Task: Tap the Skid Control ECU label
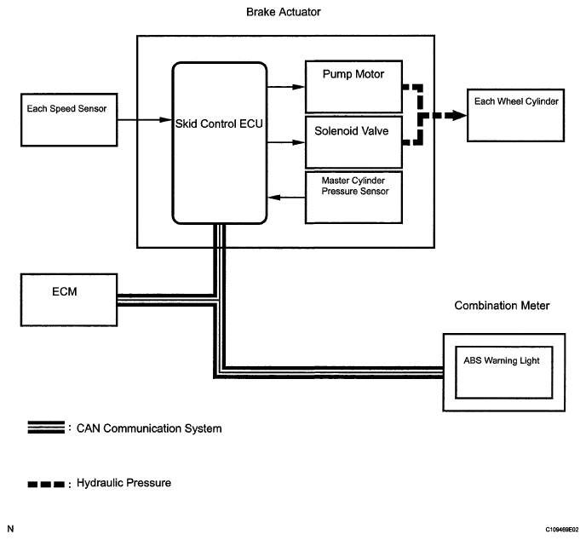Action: tap(220, 124)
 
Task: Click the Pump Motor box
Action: tap(353, 87)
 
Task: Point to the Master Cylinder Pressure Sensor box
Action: tap(353, 198)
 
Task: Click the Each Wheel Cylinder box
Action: tap(516, 114)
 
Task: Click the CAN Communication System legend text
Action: tap(148, 428)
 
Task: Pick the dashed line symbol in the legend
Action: tap(45, 484)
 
